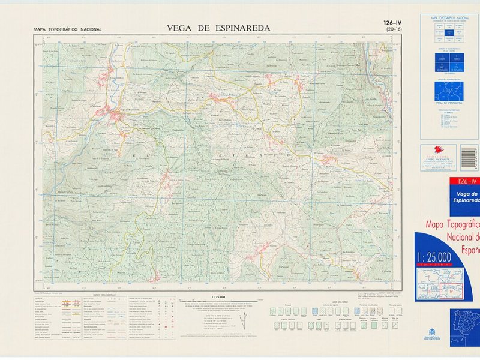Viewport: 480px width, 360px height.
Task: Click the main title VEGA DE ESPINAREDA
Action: (x=218, y=28)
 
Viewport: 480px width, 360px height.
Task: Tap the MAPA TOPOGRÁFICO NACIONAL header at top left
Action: (x=68, y=29)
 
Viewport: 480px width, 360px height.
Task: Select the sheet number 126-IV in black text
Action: (x=394, y=23)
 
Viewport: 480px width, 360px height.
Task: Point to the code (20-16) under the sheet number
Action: (x=394, y=29)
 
